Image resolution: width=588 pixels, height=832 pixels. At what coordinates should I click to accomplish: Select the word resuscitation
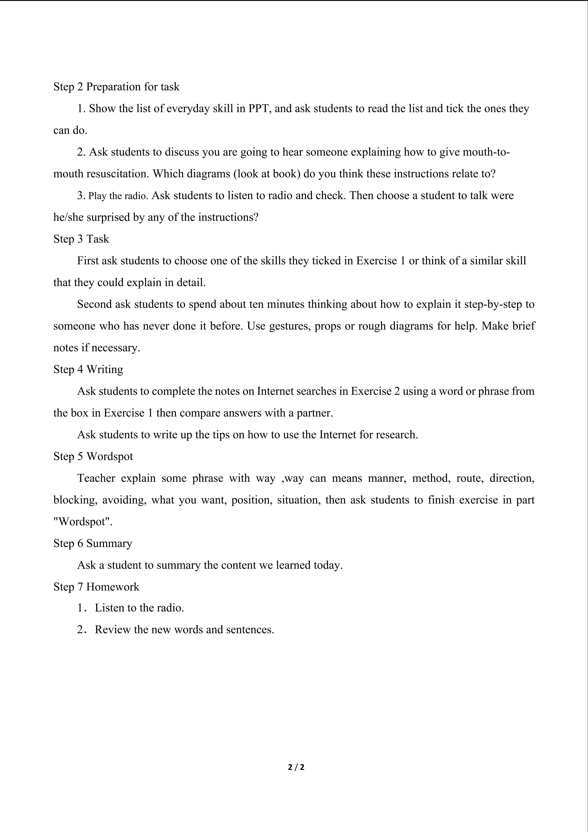click(118, 174)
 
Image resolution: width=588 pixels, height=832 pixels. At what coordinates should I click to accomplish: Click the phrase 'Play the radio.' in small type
click(118, 196)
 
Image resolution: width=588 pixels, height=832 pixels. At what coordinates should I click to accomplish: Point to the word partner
click(315, 413)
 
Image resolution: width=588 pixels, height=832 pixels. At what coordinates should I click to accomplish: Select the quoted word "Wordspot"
click(83, 522)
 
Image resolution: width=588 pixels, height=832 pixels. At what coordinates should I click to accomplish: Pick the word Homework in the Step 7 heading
click(113, 587)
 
